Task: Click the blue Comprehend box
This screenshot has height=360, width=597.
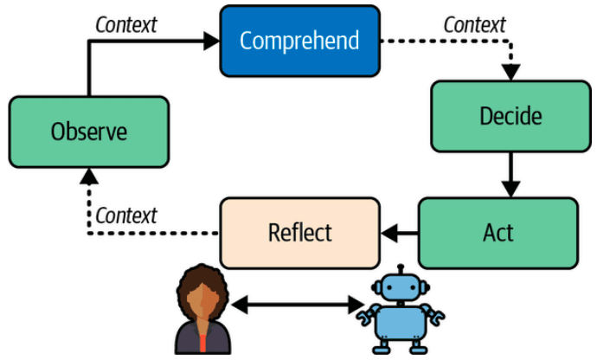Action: coord(299,40)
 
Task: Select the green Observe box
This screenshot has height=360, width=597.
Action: coord(88,132)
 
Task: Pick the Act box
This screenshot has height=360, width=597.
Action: coord(497,232)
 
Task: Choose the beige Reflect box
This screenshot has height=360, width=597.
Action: coord(299,232)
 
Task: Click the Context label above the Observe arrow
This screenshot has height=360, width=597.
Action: coord(126,24)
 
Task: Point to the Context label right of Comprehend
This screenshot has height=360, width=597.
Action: coord(474,24)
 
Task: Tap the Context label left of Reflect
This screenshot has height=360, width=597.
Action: coord(126,214)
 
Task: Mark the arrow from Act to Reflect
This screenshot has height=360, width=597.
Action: coord(399,232)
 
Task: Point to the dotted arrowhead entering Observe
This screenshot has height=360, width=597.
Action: coord(88,177)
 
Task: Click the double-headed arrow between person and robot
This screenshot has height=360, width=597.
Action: coord(297,304)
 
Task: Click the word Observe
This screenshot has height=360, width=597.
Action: coord(88,132)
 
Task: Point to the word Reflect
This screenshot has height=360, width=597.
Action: coord(299,232)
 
